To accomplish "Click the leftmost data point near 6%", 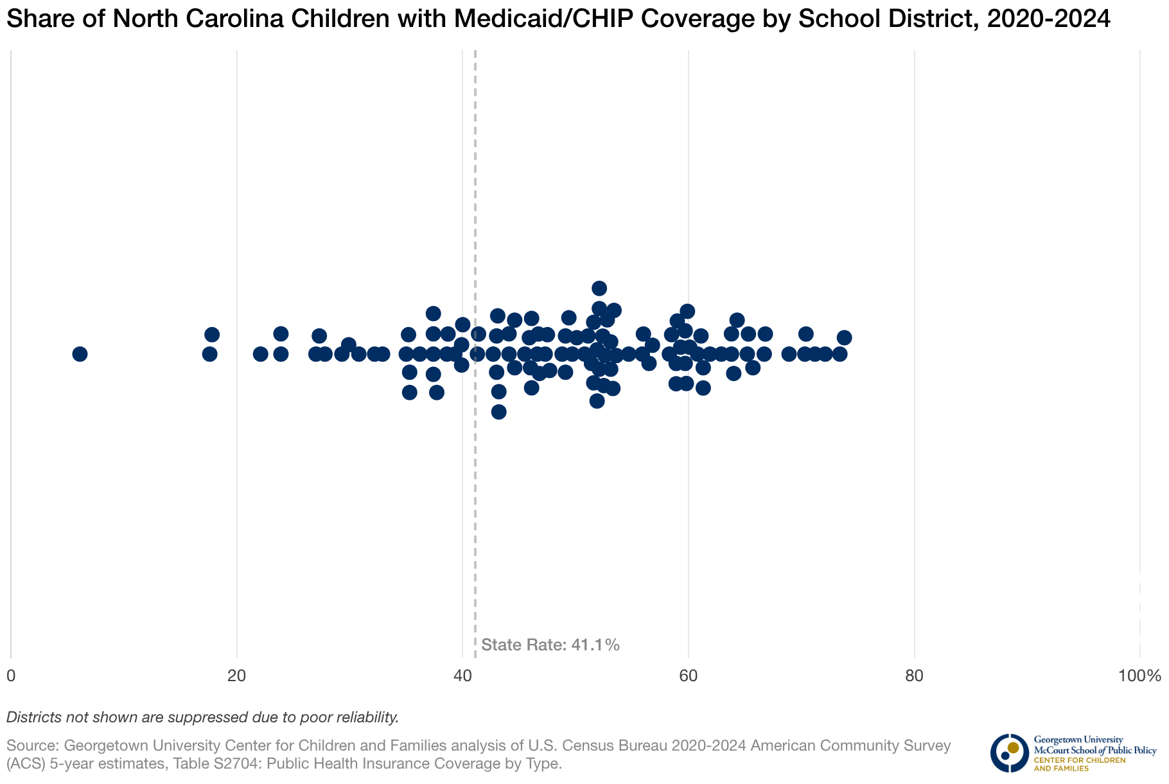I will [x=80, y=354].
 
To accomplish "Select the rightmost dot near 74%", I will [x=844, y=338].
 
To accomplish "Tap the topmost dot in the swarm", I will [x=599, y=288].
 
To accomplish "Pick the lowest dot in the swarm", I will [x=498, y=412].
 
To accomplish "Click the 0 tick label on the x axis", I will [x=11, y=676].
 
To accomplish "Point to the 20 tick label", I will [x=237, y=676].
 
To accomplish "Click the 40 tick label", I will [x=462, y=676].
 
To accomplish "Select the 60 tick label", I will [x=689, y=676].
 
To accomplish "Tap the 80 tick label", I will [x=914, y=676].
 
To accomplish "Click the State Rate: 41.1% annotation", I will [x=550, y=645].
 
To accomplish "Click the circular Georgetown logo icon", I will [x=1009, y=753].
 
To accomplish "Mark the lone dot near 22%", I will [x=260, y=354].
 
